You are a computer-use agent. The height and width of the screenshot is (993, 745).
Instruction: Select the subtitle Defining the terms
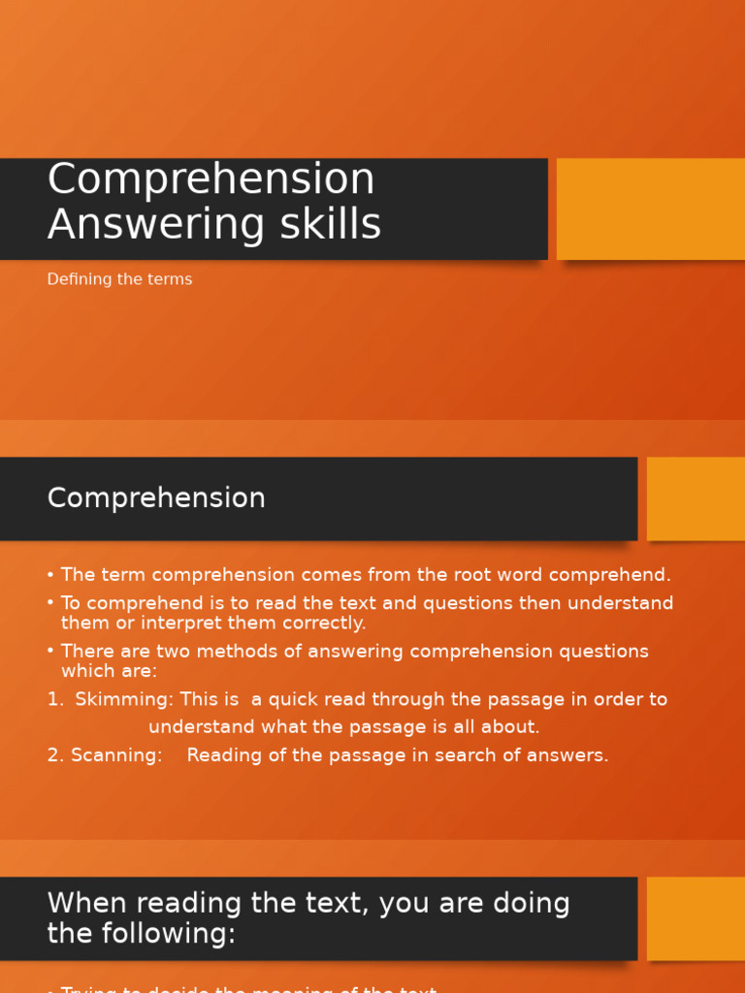[119, 279]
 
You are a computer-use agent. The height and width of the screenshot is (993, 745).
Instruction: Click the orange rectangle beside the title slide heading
[650, 208]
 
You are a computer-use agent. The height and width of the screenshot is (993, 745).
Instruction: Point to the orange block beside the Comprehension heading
[696, 498]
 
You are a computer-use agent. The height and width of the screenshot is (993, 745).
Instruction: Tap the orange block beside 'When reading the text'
[696, 918]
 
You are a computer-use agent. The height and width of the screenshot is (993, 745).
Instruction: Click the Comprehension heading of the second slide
[156, 498]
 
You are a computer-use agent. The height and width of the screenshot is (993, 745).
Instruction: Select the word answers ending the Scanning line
[568, 755]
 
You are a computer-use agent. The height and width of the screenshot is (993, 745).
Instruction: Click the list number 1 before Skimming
[52, 699]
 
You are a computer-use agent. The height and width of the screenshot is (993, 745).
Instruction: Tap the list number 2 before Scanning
[53, 755]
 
